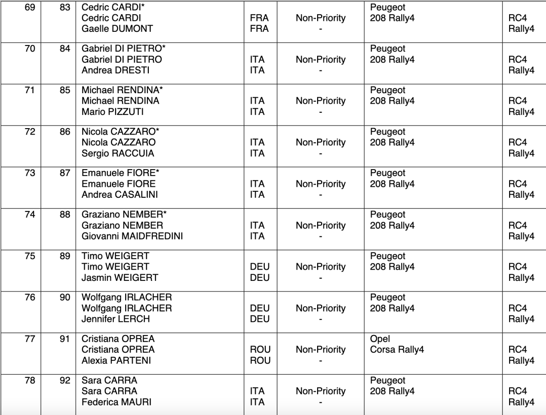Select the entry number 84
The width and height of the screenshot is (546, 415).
coord(65,49)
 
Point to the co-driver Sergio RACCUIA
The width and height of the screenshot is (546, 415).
coord(117,153)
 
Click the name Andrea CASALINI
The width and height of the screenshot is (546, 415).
coord(120,195)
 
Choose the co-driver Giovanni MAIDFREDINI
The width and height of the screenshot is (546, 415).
coord(132,236)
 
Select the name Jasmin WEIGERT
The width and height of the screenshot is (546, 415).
coord(120,278)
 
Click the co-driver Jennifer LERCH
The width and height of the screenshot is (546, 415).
coord(115,319)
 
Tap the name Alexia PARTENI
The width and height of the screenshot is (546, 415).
coord(116,360)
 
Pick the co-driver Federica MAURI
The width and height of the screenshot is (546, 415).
coord(116,402)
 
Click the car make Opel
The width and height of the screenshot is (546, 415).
coord(380,339)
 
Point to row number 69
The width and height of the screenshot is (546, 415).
coord(30,7)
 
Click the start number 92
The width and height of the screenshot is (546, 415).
coord(65,380)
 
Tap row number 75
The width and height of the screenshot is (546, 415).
coord(30,256)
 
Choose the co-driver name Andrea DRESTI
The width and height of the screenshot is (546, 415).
coord(115,70)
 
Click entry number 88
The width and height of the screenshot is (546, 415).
coord(65,215)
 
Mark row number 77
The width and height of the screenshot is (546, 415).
coord(30,339)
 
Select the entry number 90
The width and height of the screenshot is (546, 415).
coord(65,298)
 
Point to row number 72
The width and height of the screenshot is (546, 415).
coord(30,132)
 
